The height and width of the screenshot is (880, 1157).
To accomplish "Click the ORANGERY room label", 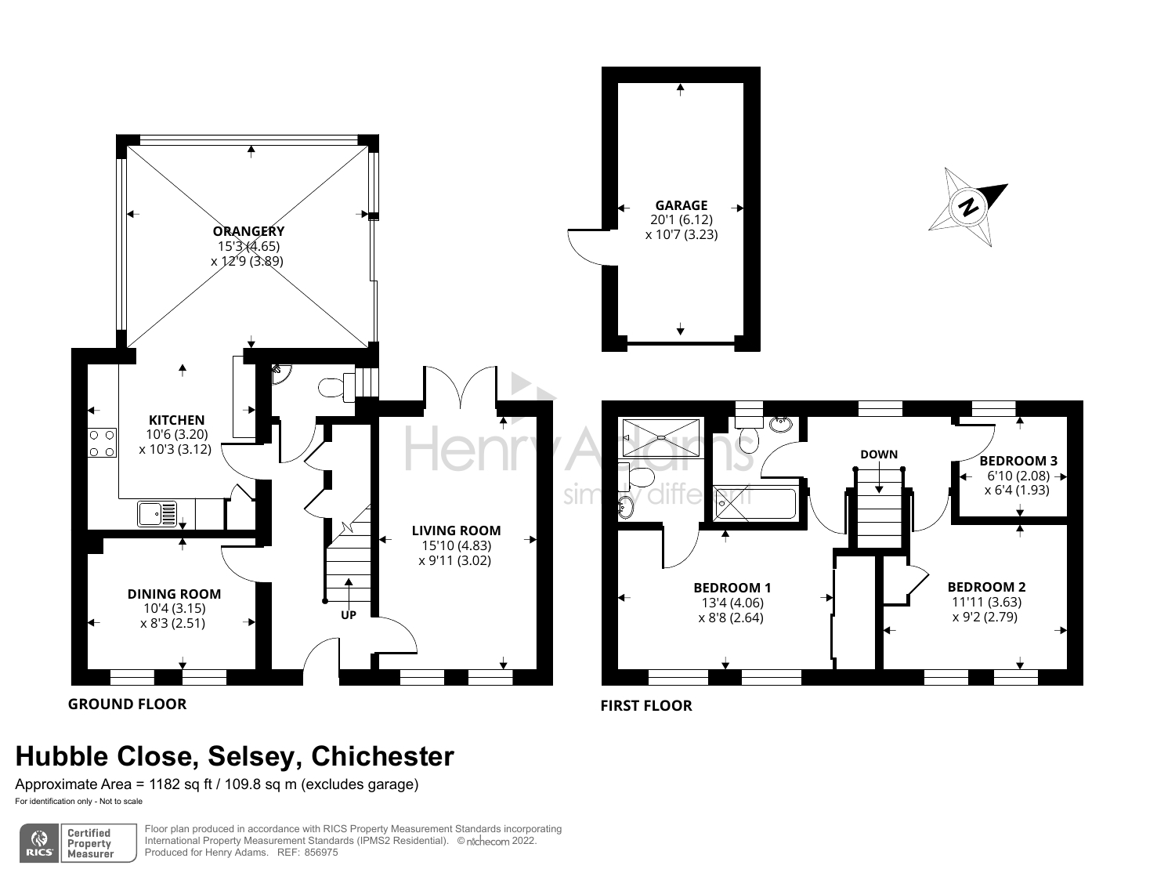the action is (248, 231).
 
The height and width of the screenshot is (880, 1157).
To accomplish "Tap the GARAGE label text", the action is (681, 205).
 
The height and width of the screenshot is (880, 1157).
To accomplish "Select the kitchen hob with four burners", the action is (102, 443).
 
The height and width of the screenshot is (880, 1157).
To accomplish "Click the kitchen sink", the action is (157, 514).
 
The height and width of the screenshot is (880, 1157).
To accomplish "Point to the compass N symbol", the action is (967, 207).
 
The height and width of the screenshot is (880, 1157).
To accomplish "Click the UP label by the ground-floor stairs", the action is (349, 615).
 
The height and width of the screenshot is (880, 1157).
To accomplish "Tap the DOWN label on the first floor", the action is (879, 454).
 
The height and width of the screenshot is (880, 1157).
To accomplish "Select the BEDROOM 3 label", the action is (1018, 461).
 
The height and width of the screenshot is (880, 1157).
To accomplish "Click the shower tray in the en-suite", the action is (661, 437).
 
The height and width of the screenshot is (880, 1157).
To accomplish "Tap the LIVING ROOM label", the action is (457, 531).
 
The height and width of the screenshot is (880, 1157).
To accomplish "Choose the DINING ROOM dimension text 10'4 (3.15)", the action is (174, 608).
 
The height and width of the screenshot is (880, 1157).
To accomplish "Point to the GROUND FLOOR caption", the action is (127, 704).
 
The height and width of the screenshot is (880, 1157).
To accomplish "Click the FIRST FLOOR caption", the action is (646, 706).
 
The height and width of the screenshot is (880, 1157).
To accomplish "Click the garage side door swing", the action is (587, 248).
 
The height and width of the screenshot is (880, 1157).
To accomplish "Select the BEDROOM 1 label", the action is (732, 588).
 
